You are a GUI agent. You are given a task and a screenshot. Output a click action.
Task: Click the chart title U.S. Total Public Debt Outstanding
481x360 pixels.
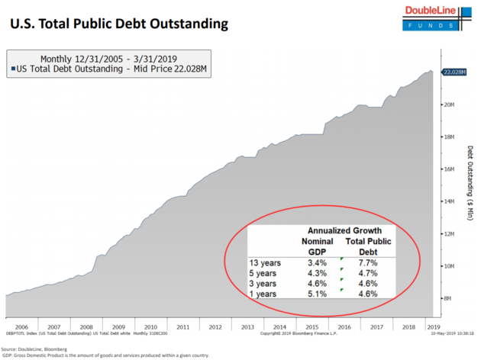pyautogui.click(x=119, y=24)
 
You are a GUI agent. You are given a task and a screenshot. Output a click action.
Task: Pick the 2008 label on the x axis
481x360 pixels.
pyautogui.click(x=86, y=326)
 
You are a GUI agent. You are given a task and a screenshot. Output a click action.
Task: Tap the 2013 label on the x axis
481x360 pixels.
pyautogui.click(x=247, y=326)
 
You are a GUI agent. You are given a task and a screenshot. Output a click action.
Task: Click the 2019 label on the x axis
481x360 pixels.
pyautogui.click(x=434, y=326)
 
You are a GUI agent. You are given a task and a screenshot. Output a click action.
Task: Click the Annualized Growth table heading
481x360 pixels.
pyautogui.click(x=344, y=230)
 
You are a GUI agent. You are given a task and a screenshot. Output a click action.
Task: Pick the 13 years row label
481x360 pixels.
pyautogui.click(x=265, y=262)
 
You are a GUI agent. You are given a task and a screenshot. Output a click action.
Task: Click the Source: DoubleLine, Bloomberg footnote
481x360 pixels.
pyautogui.click(x=35, y=348)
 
